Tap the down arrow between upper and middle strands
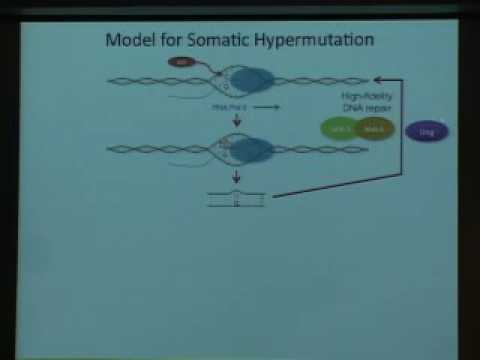[237, 121]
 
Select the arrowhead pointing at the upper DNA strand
[376, 78]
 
